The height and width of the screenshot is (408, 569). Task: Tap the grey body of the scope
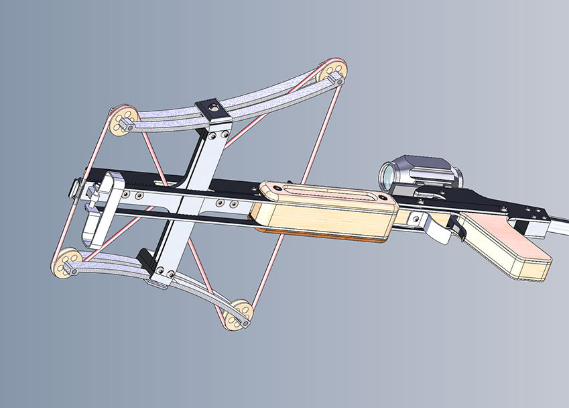pyautogui.click(x=429, y=169)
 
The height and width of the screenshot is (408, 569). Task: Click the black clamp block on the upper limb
pyautogui.click(x=210, y=110)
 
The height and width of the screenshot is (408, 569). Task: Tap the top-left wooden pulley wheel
pyautogui.click(x=123, y=121)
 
